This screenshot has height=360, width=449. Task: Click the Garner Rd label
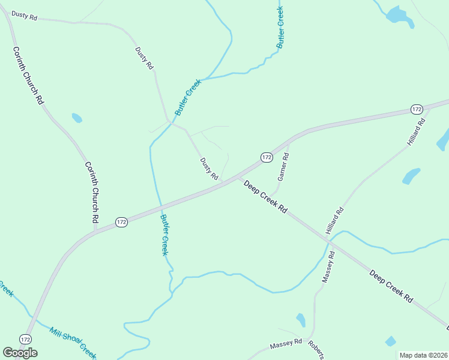pos(283,167)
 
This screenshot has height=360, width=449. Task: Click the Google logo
pos(20,353)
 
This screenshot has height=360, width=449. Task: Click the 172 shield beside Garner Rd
pos(267,157)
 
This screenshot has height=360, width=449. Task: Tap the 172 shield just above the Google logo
pos(25,339)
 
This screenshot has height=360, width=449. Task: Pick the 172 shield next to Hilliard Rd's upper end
pos(417,109)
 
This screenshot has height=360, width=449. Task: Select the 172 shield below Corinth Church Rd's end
pos(121,222)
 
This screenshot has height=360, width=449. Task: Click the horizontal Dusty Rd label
pos(24,17)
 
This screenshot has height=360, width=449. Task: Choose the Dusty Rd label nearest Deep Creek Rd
pos(209,169)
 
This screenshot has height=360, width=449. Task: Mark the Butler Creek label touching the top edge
pos(280,28)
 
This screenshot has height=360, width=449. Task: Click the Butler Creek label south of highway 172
pos(164,235)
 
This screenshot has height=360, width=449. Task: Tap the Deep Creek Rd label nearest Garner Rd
pos(265,197)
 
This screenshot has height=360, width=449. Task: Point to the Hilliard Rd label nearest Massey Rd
pos(334,220)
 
